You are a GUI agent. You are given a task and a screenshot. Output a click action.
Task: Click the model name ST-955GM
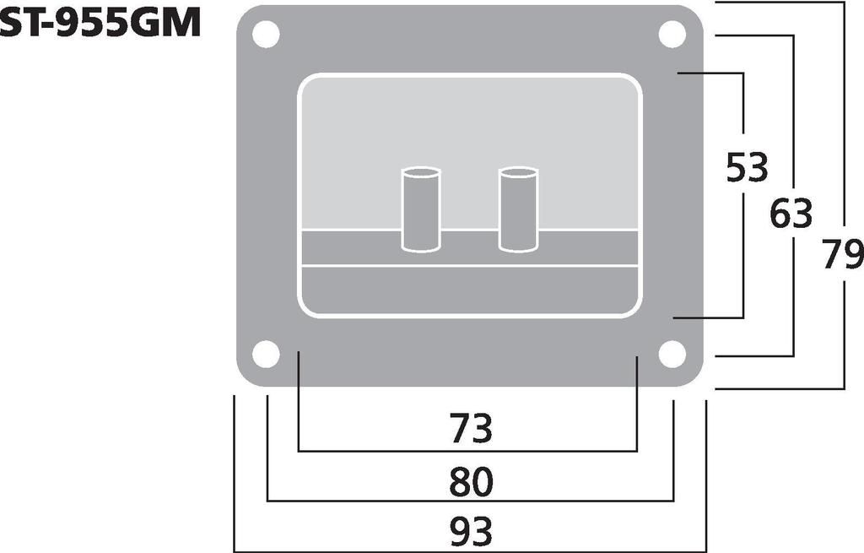pyautogui.click(x=100, y=24)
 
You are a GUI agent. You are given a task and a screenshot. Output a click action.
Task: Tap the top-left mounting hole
pyautogui.click(x=266, y=34)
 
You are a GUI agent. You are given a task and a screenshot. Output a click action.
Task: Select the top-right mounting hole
pyautogui.click(x=672, y=34)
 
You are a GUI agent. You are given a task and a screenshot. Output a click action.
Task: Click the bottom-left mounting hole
pyautogui.click(x=266, y=354)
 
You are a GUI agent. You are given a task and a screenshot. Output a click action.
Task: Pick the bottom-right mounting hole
pyautogui.click(x=672, y=354)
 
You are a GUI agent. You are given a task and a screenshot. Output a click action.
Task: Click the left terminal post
pyautogui.click(x=421, y=209)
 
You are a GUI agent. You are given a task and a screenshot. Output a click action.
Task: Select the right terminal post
pyautogui.click(x=518, y=209)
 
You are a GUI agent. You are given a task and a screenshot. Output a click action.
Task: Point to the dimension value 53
pyautogui.click(x=747, y=168)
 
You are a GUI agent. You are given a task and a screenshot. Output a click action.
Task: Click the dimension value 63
pyautogui.click(x=791, y=214)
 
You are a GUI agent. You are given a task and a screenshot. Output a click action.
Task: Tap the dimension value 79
pyautogui.click(x=843, y=254)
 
